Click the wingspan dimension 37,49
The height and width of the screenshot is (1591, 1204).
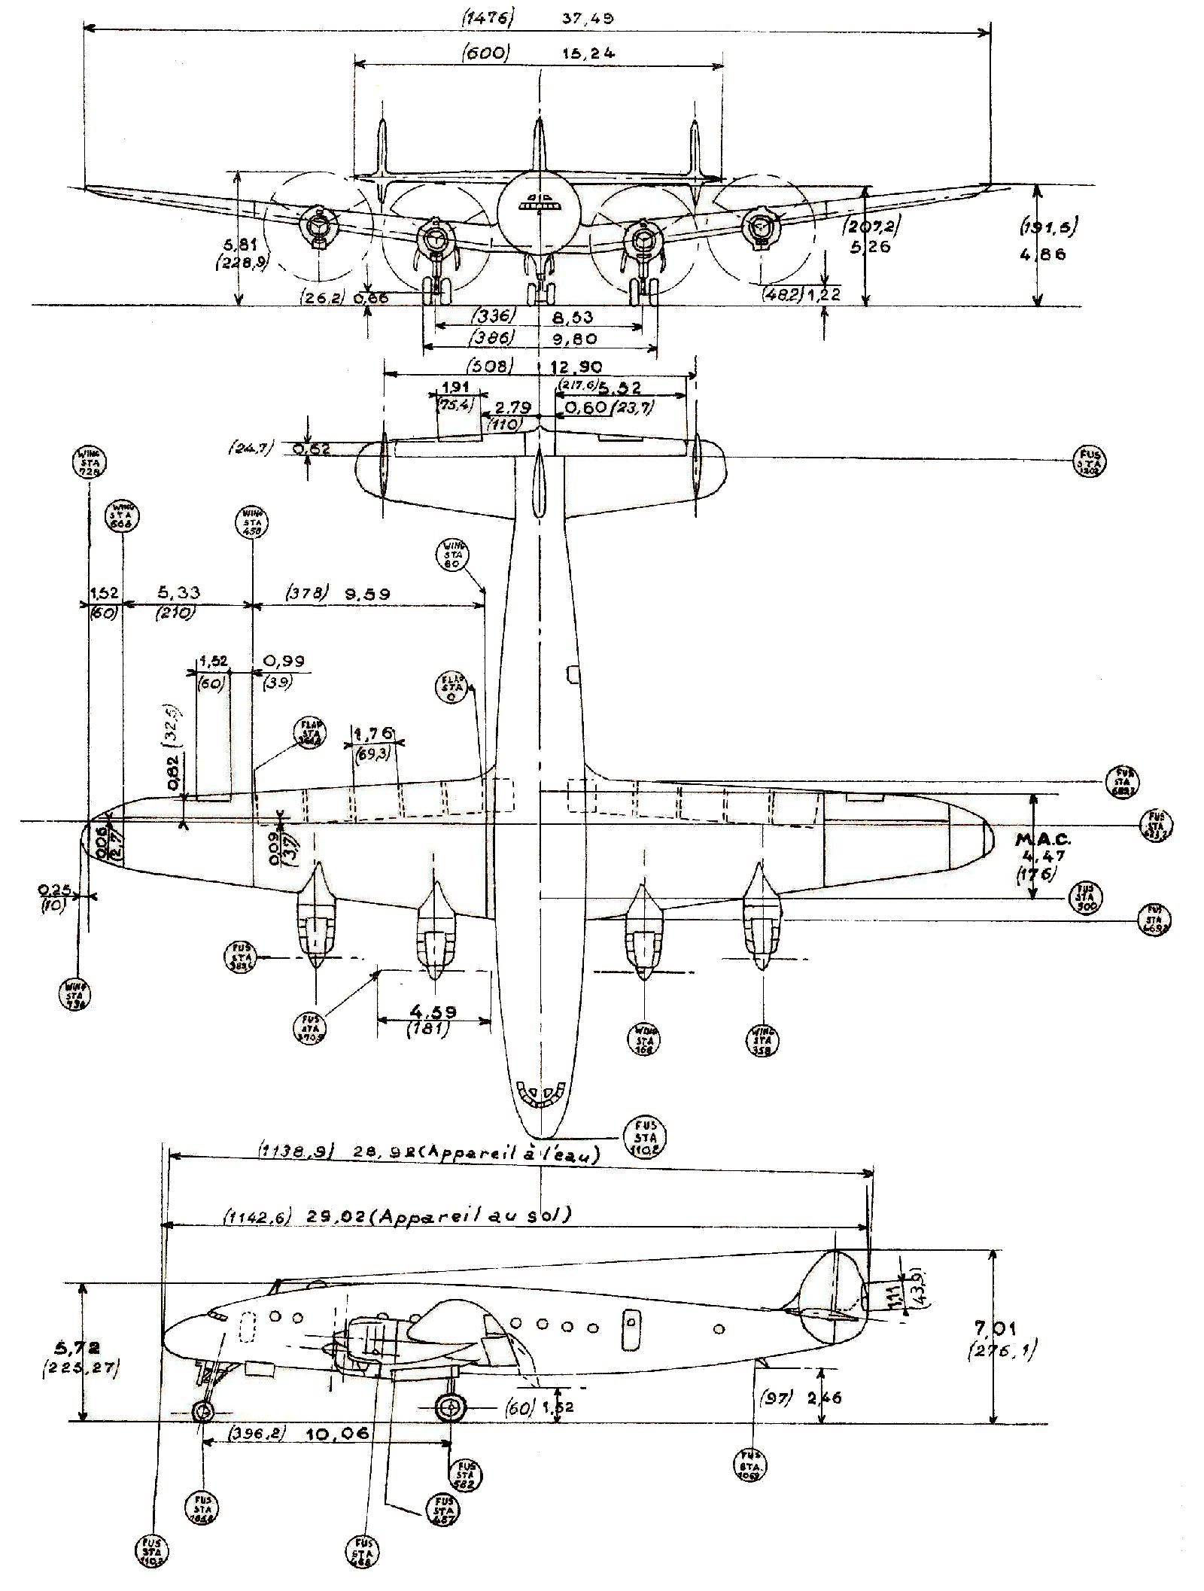[x=588, y=18]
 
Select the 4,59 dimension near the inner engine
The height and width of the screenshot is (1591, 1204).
[x=434, y=1011]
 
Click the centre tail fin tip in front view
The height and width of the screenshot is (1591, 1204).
[x=540, y=120]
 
